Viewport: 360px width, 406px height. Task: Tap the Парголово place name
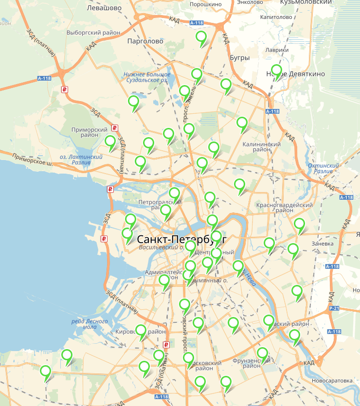[144, 41]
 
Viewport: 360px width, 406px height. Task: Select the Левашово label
[104, 8]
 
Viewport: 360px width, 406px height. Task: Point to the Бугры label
[239, 58]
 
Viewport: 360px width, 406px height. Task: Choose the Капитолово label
[276, 17]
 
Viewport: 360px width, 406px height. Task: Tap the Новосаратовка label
[332, 380]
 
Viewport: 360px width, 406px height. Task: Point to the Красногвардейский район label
[284, 208]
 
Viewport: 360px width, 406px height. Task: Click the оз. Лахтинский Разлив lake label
[81, 159]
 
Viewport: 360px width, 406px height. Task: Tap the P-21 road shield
[334, 308]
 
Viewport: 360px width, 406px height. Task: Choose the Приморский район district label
[89, 133]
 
